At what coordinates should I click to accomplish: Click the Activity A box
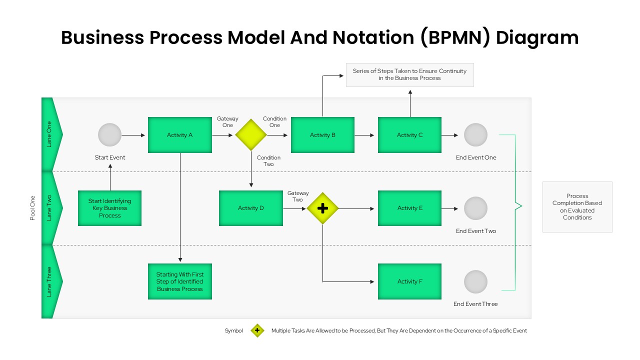tap(180, 135)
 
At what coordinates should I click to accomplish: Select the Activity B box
tap(322, 135)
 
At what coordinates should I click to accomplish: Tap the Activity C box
tap(409, 135)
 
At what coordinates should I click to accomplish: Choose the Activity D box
tap(250, 208)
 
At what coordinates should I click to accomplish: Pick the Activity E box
tap(409, 208)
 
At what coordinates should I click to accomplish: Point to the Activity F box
tap(409, 281)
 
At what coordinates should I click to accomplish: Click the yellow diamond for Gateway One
tap(251, 135)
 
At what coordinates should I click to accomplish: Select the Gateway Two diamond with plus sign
tap(322, 208)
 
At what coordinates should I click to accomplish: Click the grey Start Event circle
tap(109, 135)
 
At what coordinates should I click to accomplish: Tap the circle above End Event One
tap(475, 135)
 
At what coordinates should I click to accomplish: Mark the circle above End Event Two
tap(475, 208)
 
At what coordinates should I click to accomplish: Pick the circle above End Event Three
tap(475, 281)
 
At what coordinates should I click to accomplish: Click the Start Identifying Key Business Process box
tap(109, 208)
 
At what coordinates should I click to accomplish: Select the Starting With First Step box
tap(180, 281)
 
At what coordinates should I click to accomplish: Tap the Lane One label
tap(49, 134)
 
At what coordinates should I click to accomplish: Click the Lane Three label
tap(49, 281)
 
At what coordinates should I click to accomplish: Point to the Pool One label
tap(33, 208)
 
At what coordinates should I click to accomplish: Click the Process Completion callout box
tap(577, 207)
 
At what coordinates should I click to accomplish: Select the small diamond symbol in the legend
tap(257, 330)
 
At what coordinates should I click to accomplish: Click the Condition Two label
tap(268, 161)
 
